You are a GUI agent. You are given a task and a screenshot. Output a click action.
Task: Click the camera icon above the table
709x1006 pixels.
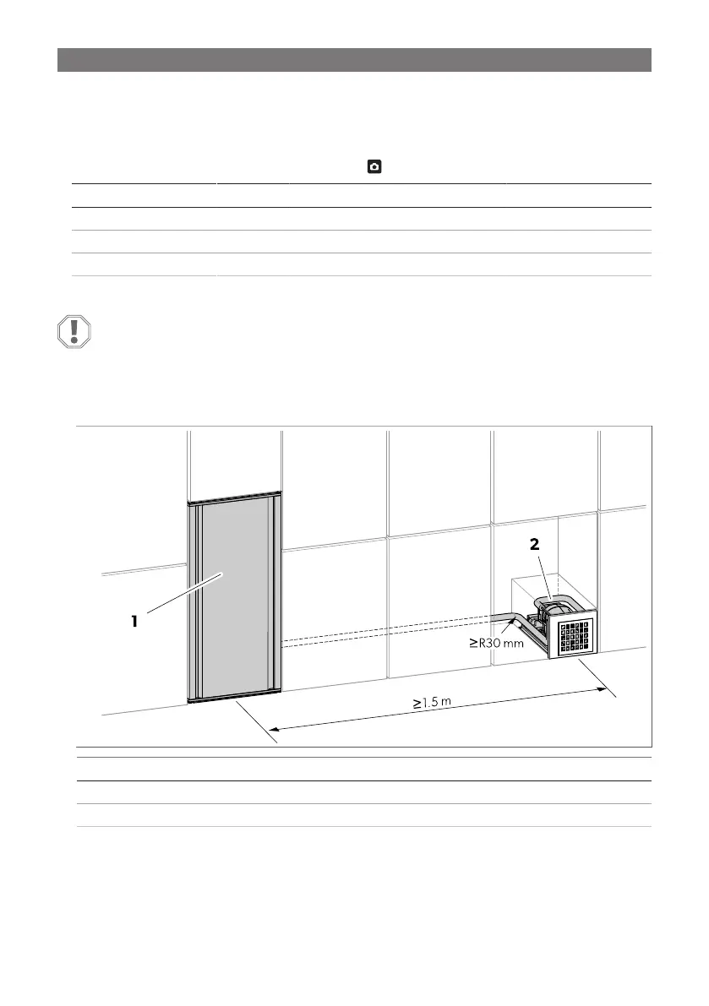tap(372, 168)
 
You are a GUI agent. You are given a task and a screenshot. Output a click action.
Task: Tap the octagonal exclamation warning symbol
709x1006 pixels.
tap(74, 331)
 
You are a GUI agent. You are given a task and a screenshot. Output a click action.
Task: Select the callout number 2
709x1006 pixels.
tap(534, 546)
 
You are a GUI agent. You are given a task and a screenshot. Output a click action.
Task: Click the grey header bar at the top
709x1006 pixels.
tap(354, 60)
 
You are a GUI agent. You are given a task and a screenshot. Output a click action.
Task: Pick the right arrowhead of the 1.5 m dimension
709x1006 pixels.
tap(603, 689)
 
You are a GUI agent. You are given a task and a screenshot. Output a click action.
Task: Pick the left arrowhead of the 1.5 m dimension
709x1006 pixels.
tap(274, 727)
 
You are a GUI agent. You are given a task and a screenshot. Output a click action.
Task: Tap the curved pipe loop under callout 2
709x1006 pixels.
tap(557, 602)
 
